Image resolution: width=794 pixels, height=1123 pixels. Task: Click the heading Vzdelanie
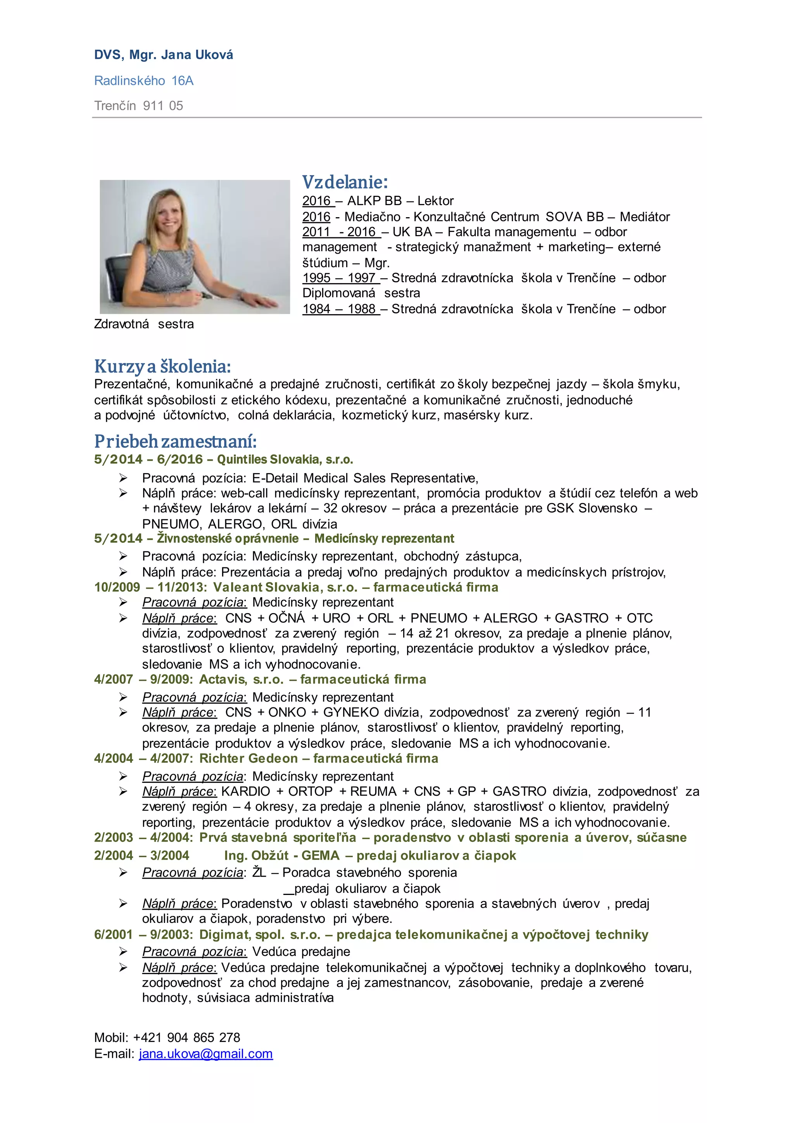(x=345, y=182)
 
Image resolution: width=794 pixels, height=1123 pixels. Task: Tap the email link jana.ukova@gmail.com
(x=206, y=1054)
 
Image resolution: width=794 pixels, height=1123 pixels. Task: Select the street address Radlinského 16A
(x=144, y=81)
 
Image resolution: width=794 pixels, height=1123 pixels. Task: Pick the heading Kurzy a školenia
(x=162, y=366)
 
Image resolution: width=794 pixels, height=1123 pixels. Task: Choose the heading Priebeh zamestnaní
(x=175, y=441)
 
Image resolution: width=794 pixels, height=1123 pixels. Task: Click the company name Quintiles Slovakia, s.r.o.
(x=285, y=459)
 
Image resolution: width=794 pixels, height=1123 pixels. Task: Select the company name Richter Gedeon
(x=249, y=758)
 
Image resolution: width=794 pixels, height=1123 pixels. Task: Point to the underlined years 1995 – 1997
(x=341, y=278)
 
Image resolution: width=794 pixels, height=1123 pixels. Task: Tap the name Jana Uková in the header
(x=197, y=55)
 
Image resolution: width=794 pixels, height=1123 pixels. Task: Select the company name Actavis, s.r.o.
(x=241, y=679)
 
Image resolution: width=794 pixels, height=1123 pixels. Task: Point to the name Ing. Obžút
(x=256, y=855)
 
